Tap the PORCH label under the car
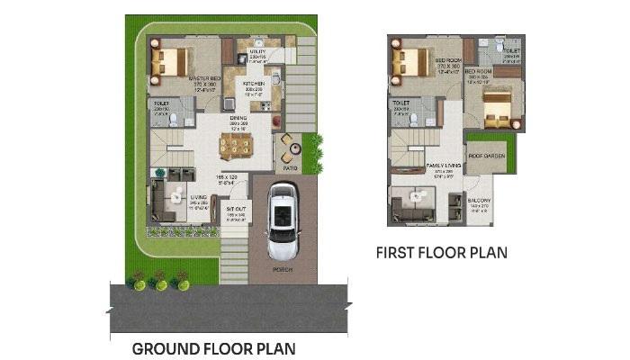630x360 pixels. coord(283,268)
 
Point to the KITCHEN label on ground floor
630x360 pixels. coord(253,81)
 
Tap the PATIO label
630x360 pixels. coord(290,167)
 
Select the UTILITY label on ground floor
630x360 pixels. coord(256,51)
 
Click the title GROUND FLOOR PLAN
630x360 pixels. coord(213,348)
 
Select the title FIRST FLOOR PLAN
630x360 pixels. coord(441,253)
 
